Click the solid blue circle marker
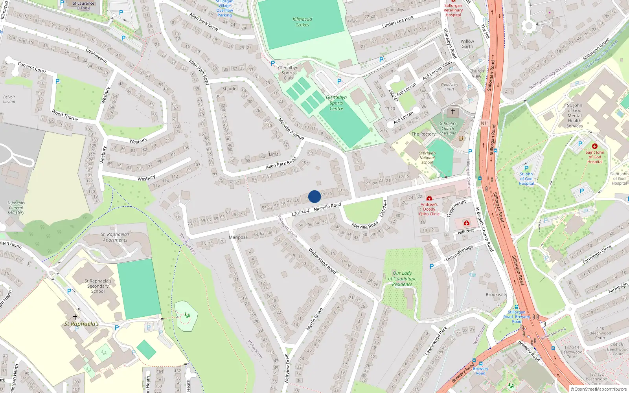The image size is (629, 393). tap(314, 196)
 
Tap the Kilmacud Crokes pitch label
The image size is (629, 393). tap(302, 22)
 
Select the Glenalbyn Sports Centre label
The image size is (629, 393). tap(336, 103)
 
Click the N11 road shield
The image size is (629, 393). tap(485, 123)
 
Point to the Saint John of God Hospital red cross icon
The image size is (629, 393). tap(595, 146)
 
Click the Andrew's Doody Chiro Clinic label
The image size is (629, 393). tap(429, 209)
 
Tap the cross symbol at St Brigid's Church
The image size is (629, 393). tap(452, 112)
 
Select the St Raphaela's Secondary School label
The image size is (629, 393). tap(98, 286)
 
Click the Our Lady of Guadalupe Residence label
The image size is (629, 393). tap(402, 279)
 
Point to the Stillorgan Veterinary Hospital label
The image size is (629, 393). tap(453, 10)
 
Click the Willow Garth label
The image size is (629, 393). tap(467, 44)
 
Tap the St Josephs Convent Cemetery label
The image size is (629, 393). tap(16, 208)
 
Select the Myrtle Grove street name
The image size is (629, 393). tap(314, 319)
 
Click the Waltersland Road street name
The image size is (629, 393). tap(322, 261)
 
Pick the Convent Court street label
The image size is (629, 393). tap(32, 68)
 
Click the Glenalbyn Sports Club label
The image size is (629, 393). tap(288, 73)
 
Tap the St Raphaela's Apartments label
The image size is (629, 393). tap(115, 237)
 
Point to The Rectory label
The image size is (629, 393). tap(423, 134)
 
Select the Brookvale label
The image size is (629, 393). tap(496, 294)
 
